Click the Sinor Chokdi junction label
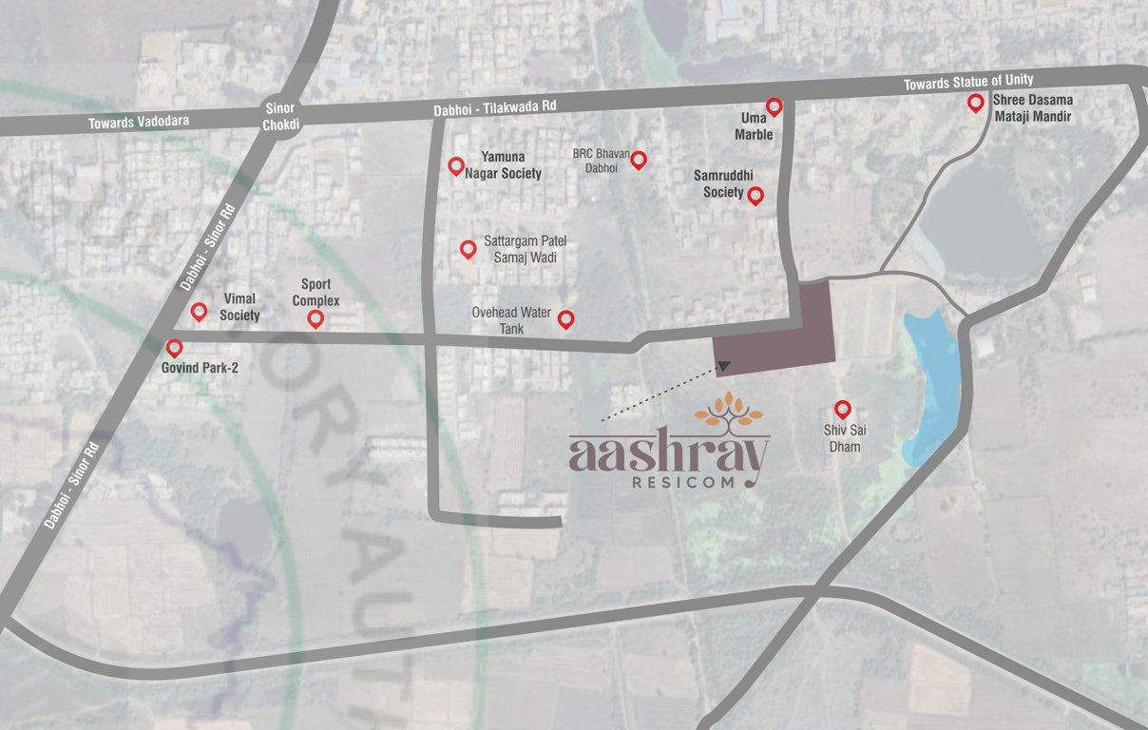280,117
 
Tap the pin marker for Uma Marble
775,106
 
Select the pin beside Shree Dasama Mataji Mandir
975,103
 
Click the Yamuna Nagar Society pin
456,165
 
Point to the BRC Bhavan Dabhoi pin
639,159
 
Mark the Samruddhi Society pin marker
756,195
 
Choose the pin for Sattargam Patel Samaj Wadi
468,248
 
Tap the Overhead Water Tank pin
565,318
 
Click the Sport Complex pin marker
316,318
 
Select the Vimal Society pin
199,311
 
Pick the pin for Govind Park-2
174,348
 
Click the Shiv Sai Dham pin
842,409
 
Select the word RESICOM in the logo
682,482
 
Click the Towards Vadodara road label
139,122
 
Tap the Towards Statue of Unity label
968,83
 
